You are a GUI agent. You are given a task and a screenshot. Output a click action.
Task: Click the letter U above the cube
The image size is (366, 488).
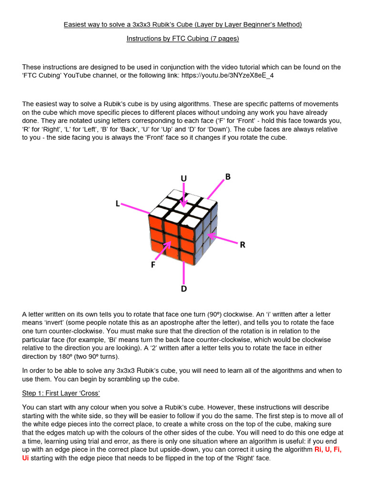[x=183, y=178]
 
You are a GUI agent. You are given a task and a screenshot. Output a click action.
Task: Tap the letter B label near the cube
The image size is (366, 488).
[x=228, y=177]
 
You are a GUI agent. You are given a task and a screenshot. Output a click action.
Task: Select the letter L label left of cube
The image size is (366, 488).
[x=118, y=203]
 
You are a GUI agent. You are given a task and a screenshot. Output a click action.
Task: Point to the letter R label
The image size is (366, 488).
[x=242, y=245]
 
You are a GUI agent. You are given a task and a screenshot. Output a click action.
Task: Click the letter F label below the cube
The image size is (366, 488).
[x=153, y=264]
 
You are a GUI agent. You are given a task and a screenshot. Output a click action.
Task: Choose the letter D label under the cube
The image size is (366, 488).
[x=183, y=289]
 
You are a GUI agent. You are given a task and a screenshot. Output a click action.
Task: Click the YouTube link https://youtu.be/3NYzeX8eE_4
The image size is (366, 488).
[x=227, y=76]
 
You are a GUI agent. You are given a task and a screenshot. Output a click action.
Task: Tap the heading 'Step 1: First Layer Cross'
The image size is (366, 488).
[x=61, y=393]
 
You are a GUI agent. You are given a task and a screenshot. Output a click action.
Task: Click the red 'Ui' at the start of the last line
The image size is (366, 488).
[x=26, y=458]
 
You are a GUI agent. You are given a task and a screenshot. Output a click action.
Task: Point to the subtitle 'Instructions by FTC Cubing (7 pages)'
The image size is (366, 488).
[x=183, y=39]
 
